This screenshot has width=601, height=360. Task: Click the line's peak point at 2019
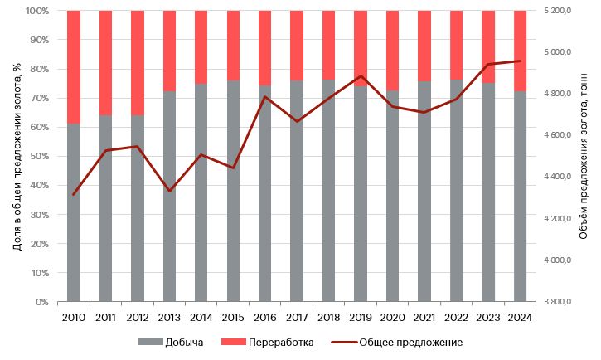[361, 75]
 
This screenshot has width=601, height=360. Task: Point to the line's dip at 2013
[169, 192]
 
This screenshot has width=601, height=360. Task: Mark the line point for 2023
[488, 64]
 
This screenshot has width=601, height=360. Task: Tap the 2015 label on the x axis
[233, 317]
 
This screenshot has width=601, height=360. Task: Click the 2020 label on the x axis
[392, 317]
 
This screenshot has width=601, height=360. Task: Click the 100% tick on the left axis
[36, 11]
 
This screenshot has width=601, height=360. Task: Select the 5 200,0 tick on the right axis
[559, 11]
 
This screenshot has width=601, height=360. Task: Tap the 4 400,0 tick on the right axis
[559, 177]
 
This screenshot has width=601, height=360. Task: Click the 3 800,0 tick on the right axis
[559, 302]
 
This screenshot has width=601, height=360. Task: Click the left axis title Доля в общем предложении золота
[16, 156]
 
